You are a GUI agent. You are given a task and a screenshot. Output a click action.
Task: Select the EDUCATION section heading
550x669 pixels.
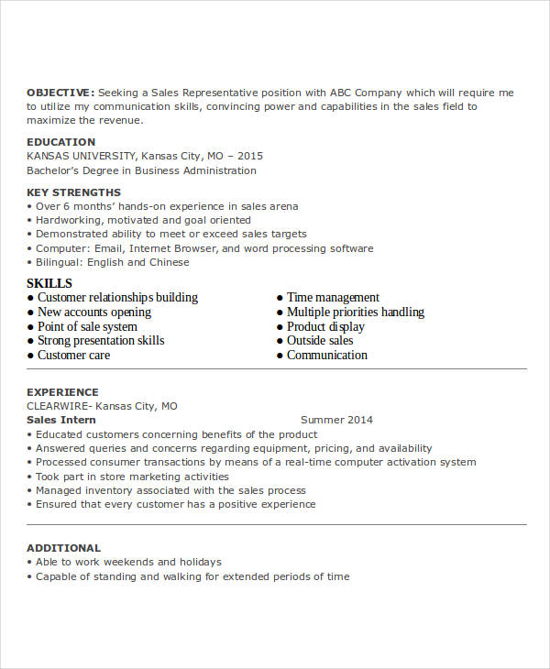(x=60, y=142)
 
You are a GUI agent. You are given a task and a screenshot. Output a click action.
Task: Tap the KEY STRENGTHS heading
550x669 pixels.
(x=73, y=192)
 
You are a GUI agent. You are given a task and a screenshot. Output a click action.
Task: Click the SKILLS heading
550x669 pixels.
(x=49, y=283)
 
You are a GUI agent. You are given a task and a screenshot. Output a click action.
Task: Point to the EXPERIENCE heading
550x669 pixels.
(x=62, y=392)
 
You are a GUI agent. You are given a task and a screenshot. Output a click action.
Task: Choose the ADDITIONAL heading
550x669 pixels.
(x=63, y=548)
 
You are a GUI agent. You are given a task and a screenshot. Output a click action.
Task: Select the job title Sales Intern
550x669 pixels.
(x=61, y=420)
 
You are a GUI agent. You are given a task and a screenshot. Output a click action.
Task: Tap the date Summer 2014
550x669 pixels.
(x=336, y=420)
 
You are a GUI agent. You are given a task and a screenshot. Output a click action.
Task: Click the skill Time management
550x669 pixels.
(x=333, y=298)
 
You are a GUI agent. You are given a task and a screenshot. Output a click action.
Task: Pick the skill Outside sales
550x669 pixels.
(x=320, y=341)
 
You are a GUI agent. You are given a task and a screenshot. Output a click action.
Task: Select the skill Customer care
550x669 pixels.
(x=73, y=356)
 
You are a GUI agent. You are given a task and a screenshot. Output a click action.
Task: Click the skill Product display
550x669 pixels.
(x=325, y=327)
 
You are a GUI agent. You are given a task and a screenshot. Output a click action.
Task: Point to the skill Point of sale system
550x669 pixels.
(x=87, y=327)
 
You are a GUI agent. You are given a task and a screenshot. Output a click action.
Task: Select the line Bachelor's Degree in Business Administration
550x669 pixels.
(x=141, y=170)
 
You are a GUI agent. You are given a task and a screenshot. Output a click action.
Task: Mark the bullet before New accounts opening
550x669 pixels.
(x=30, y=313)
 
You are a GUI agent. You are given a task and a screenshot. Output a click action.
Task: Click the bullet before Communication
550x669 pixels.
(x=280, y=356)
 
